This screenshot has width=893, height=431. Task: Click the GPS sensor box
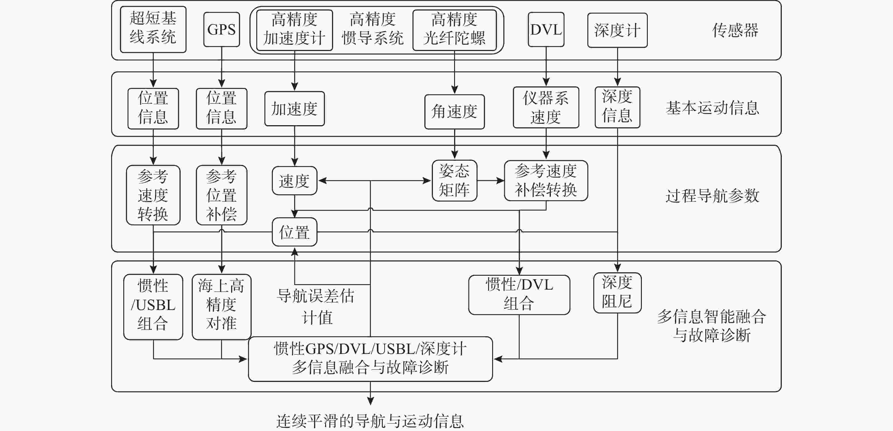pos(221,29)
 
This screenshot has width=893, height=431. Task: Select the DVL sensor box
pos(546,29)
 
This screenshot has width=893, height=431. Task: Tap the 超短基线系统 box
pos(153,29)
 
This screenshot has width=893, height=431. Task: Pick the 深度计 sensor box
pos(617,30)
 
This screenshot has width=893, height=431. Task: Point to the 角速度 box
pos(454,112)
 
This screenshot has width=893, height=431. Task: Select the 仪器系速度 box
pos(546,107)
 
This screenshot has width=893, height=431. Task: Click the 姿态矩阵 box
pos(454,181)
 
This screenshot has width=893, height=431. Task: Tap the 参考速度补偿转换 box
pos(546,181)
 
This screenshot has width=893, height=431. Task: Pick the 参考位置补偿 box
pos(221,195)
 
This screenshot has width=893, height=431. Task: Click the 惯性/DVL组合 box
pos(519,295)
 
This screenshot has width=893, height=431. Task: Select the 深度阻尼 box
pos(617,293)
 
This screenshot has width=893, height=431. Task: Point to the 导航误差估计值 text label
pos(316,307)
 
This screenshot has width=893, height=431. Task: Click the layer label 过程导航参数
pos(712,196)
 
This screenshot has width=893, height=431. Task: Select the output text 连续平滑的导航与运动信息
pos(370,421)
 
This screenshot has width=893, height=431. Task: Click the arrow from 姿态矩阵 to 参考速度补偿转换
pos(490,181)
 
